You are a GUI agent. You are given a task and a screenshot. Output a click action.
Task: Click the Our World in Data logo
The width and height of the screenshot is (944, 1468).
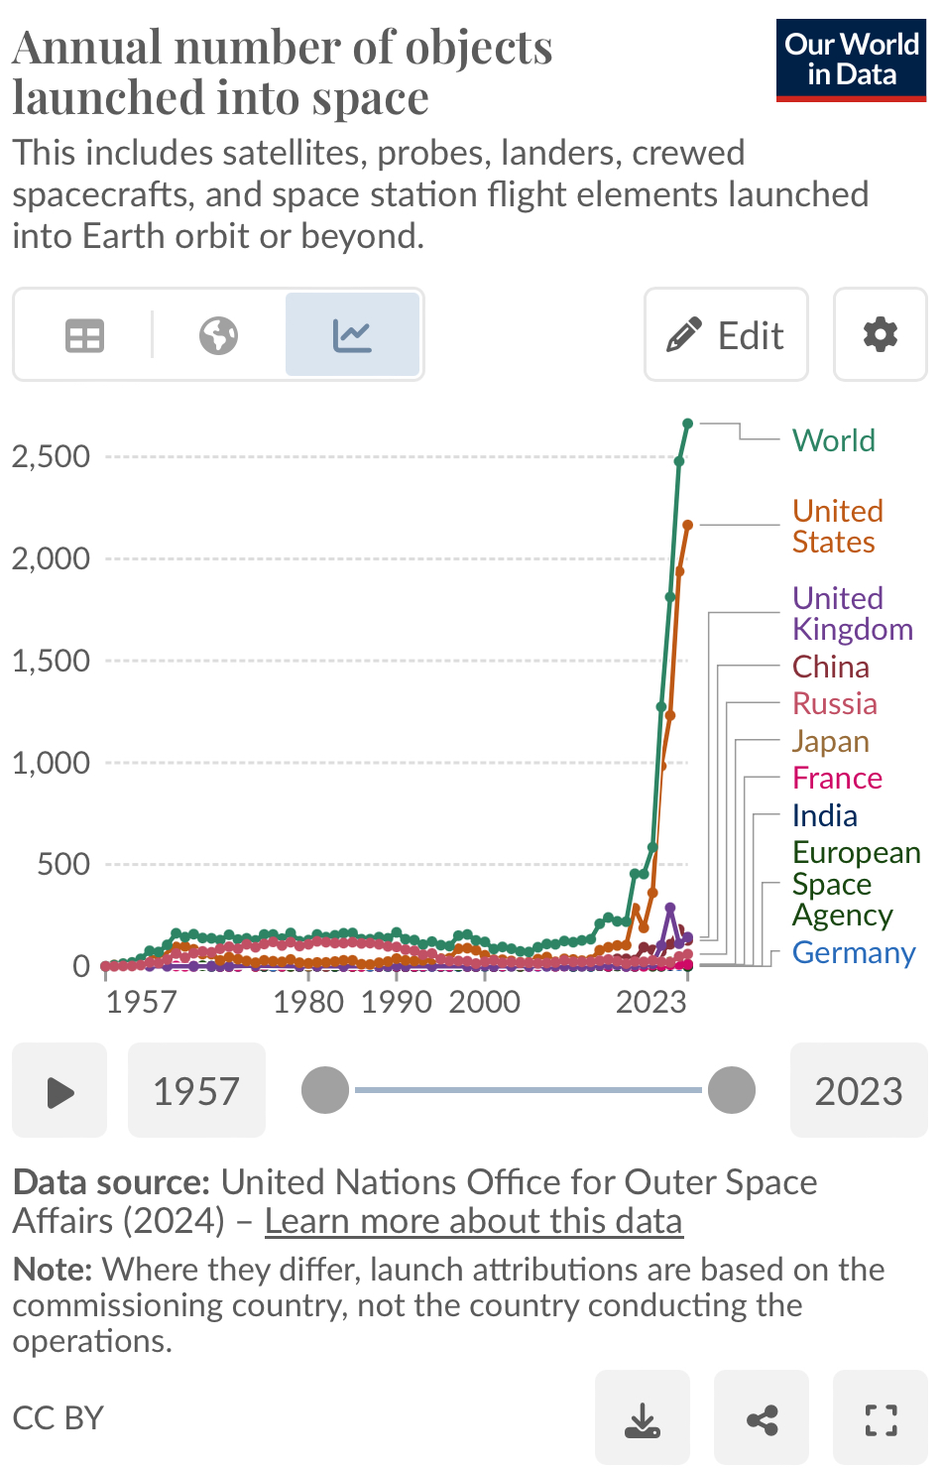(851, 60)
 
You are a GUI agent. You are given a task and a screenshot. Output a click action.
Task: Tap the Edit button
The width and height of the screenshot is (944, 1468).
(726, 335)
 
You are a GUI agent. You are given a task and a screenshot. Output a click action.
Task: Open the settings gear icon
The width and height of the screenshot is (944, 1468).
(880, 335)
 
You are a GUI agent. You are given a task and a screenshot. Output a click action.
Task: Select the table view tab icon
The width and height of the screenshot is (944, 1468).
(84, 335)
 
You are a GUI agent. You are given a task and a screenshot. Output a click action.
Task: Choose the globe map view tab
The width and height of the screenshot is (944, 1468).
(218, 335)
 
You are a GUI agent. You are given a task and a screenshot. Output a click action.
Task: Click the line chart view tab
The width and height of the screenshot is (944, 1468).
(352, 335)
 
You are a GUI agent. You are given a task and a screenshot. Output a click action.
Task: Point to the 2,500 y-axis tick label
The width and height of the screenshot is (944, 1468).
(51, 456)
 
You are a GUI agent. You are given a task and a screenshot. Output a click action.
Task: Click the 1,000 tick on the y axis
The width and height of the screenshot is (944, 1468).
(51, 763)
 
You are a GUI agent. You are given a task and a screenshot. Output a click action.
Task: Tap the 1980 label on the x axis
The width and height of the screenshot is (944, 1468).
(308, 1002)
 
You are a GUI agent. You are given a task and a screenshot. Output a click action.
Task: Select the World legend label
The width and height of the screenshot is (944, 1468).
(833, 440)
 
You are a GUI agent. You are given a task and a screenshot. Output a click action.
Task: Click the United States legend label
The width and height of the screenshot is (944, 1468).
(837, 527)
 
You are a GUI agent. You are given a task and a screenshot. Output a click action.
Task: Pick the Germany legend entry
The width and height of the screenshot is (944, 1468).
(853, 952)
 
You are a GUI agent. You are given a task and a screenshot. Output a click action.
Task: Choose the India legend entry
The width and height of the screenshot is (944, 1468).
(824, 815)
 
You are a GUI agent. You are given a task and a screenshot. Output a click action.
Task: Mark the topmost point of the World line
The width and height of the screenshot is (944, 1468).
(688, 424)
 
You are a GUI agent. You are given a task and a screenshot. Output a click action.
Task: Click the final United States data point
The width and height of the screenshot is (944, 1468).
(688, 525)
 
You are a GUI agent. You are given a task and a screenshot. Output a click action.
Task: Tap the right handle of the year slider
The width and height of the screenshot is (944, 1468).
(732, 1090)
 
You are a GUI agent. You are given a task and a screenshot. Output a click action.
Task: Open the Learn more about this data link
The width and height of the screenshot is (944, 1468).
(473, 1221)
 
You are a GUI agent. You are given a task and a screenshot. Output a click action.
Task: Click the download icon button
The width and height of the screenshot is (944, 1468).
(643, 1419)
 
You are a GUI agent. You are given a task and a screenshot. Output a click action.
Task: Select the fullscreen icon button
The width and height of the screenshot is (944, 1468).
(881, 1419)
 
